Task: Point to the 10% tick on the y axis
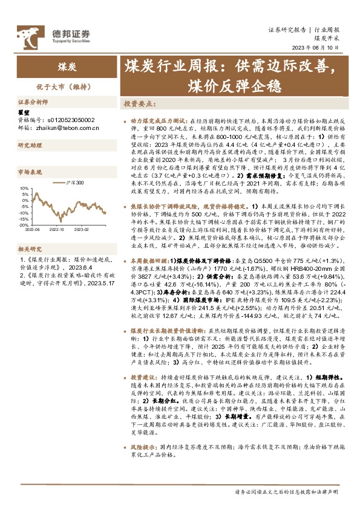(24, 188)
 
